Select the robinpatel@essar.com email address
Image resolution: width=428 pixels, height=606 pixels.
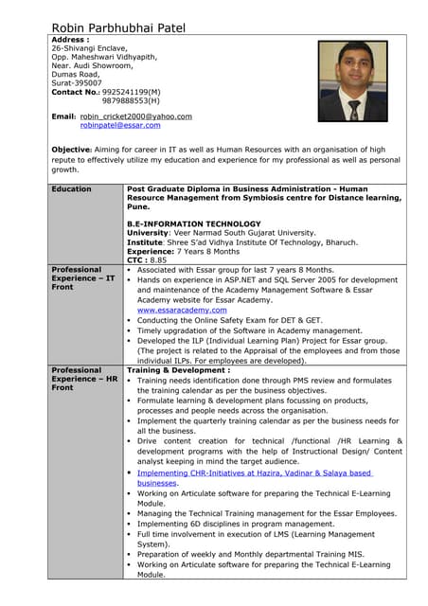click(120, 125)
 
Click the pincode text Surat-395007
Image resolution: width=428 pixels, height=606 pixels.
click(77, 83)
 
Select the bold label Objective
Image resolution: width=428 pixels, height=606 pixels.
click(71, 150)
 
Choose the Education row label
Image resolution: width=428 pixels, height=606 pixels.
click(72, 189)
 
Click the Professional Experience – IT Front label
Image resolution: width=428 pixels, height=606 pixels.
click(83, 278)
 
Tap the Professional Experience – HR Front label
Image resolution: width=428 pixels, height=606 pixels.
click(83, 379)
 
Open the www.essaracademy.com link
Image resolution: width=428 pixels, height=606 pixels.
click(180, 310)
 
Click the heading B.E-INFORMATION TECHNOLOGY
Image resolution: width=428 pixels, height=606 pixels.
click(193, 223)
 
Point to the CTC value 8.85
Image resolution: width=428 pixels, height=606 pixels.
click(158, 259)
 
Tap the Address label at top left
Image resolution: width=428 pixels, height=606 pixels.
click(71, 41)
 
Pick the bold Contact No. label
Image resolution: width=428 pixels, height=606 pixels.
click(75, 92)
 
